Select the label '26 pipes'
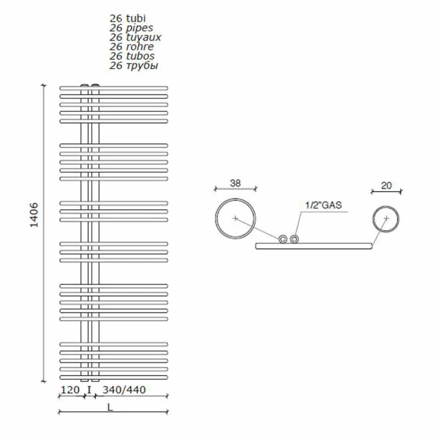tap(131, 28)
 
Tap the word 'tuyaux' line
tap(135, 37)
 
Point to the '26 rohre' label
tap(132, 46)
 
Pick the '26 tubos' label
tap(132, 56)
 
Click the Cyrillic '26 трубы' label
tap(134, 66)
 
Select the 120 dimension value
tap(70, 390)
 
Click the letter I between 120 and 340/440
tap(89, 390)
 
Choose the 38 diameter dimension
tap(235, 183)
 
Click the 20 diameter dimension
tap(386, 185)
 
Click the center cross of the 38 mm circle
tap(235, 218)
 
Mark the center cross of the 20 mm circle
tap(386, 218)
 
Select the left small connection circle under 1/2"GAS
tap(283, 239)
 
